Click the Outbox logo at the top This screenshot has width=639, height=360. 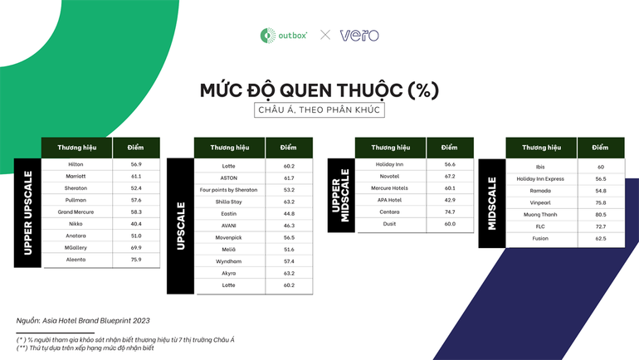284,35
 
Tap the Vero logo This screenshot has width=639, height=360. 359,35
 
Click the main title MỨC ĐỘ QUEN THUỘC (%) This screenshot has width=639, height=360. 319,88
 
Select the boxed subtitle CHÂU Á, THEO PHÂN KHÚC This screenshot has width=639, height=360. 319,109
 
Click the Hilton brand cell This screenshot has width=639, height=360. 76,164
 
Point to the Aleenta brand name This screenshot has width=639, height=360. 76,260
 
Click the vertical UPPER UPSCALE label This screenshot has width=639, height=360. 28,212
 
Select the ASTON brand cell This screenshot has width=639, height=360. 229,178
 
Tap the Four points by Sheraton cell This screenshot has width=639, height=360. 229,190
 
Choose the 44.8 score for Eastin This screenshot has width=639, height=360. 289,214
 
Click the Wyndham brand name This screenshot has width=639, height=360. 229,261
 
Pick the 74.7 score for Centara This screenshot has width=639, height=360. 450,212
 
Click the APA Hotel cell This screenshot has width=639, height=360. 390,200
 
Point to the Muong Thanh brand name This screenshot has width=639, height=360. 540,215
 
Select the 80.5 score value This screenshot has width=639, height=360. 601,215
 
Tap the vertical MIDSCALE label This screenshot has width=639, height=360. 491,202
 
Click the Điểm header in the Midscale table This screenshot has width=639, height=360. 601,148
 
